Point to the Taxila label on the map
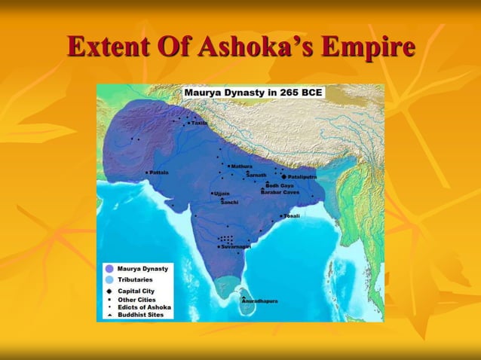point(198,123)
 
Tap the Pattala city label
point(159,172)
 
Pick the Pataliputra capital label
point(302,177)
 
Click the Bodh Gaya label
point(279,185)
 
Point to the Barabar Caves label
point(280,192)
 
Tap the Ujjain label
point(222,194)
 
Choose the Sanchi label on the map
point(229,202)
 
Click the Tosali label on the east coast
point(292,216)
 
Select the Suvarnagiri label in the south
point(236,246)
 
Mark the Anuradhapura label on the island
point(260,301)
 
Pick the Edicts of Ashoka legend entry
point(145,307)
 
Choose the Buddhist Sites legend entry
point(141,315)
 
